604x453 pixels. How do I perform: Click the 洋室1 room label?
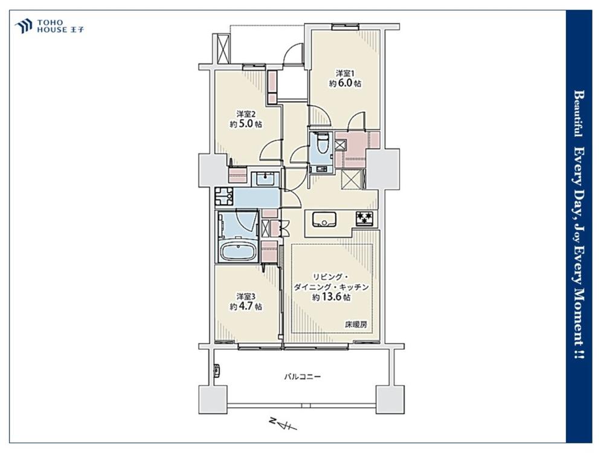click(345, 73)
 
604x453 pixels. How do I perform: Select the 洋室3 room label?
click(246, 297)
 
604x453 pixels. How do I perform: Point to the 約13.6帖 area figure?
click(331, 297)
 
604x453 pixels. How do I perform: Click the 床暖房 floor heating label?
click(356, 325)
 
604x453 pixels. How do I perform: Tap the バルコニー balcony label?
click(303, 376)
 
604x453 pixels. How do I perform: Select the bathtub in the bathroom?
click(239, 252)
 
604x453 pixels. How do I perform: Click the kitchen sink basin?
click(324, 220)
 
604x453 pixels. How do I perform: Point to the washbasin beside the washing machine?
click(265, 178)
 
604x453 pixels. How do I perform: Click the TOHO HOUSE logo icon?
click(24, 27)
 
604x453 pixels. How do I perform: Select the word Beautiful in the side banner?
click(578, 114)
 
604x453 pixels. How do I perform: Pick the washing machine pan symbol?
click(224, 196)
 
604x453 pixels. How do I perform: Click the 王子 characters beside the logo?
click(77, 30)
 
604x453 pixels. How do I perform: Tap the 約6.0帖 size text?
click(345, 83)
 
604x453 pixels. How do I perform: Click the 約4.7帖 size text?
click(246, 307)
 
